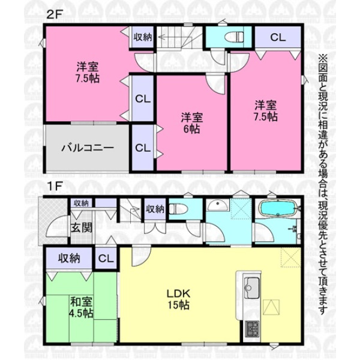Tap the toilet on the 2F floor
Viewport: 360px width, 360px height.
(233, 37)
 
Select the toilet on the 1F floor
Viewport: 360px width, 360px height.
(178, 209)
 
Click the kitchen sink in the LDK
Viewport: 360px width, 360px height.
(251, 287)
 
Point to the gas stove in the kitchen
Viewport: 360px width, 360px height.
(251, 329)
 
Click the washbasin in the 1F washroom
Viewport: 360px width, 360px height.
(217, 205)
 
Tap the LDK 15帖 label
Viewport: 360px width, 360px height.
(178, 299)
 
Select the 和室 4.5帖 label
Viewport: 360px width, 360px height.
(81, 307)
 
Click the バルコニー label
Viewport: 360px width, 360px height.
(88, 148)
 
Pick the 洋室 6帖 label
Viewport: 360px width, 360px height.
(191, 123)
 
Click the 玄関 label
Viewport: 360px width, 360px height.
(81, 228)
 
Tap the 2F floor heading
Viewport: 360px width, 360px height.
(55, 15)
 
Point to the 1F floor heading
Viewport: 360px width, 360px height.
(55, 186)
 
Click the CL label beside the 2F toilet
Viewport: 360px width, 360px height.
(278, 37)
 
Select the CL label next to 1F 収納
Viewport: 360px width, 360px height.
(106, 259)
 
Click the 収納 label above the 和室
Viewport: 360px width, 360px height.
(69, 259)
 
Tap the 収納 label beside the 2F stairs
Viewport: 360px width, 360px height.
(143, 37)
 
